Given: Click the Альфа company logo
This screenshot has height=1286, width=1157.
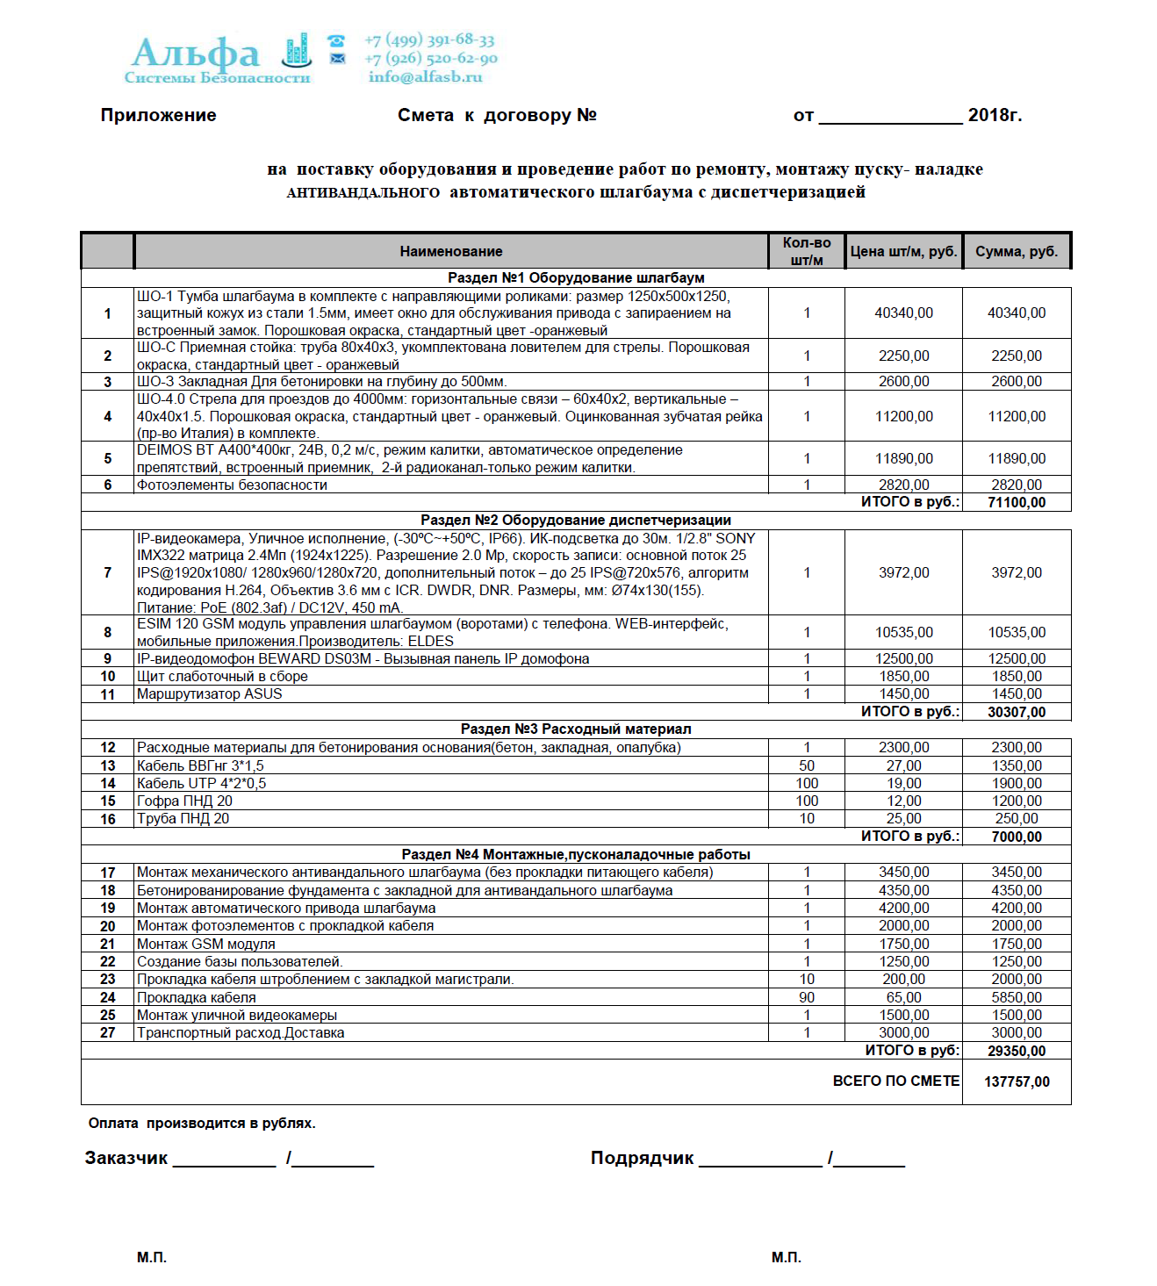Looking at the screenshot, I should pyautogui.click(x=218, y=58).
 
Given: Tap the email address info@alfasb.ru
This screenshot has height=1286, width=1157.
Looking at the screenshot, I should pyautogui.click(x=425, y=77).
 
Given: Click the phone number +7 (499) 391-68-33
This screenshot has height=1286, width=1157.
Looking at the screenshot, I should pyautogui.click(x=429, y=40).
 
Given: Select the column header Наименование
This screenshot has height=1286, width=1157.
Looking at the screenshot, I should pyautogui.click(x=451, y=252).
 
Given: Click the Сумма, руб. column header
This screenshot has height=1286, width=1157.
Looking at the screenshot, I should pyautogui.click(x=1017, y=252).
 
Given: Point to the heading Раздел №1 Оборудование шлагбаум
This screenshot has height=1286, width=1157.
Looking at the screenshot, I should pyautogui.click(x=576, y=278).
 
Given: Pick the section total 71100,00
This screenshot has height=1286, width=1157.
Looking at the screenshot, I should pyautogui.click(x=1017, y=503).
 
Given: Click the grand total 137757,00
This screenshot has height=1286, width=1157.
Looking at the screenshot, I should pyautogui.click(x=1017, y=1081).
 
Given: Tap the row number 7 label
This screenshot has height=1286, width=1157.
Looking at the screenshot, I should pyautogui.click(x=108, y=573).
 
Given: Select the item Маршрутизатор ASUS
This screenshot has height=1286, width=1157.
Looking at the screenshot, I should pyautogui.click(x=210, y=694).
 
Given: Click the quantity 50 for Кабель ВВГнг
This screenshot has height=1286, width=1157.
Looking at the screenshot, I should pyautogui.click(x=807, y=766).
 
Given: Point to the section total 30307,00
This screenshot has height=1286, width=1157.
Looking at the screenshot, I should pyautogui.click(x=1017, y=712).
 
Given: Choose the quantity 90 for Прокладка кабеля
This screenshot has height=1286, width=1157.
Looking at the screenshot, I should pyautogui.click(x=807, y=998).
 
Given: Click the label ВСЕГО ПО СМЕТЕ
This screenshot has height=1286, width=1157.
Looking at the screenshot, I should pyautogui.click(x=895, y=1081).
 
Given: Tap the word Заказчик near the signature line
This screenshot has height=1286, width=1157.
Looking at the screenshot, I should pyautogui.click(x=126, y=1159).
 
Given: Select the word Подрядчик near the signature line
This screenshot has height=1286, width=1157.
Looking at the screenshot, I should pyautogui.click(x=642, y=1159).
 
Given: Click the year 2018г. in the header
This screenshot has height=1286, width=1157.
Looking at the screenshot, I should pyautogui.click(x=995, y=116).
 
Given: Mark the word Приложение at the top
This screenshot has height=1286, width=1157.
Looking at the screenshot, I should pyautogui.click(x=158, y=116).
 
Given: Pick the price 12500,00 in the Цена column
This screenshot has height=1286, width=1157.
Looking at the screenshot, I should pyautogui.click(x=904, y=659).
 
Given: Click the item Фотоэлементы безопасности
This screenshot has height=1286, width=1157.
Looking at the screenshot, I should pyautogui.click(x=232, y=485).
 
